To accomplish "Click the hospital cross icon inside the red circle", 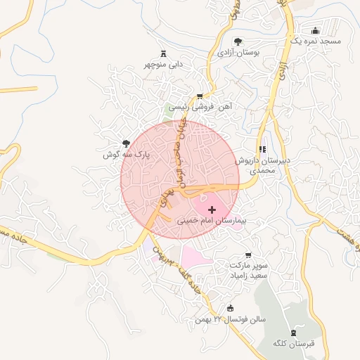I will point(212,210).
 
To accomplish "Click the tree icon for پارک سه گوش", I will point(127,143).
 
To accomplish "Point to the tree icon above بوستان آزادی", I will point(237,41).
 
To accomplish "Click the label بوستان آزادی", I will point(238,52).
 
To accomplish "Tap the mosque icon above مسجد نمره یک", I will point(315,30).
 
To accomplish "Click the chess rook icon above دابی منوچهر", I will point(164,53).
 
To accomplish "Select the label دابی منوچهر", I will point(164,64).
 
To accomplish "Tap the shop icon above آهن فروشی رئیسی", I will point(200,96).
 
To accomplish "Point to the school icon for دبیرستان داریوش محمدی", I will point(262,149).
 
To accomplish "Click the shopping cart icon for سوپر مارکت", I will point(247,255).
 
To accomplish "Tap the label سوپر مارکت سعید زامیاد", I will point(247,271).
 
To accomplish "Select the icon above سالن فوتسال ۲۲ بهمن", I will point(231,308).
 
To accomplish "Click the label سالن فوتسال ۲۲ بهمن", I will point(231,319).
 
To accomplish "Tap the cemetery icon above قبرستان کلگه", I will point(293,332).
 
